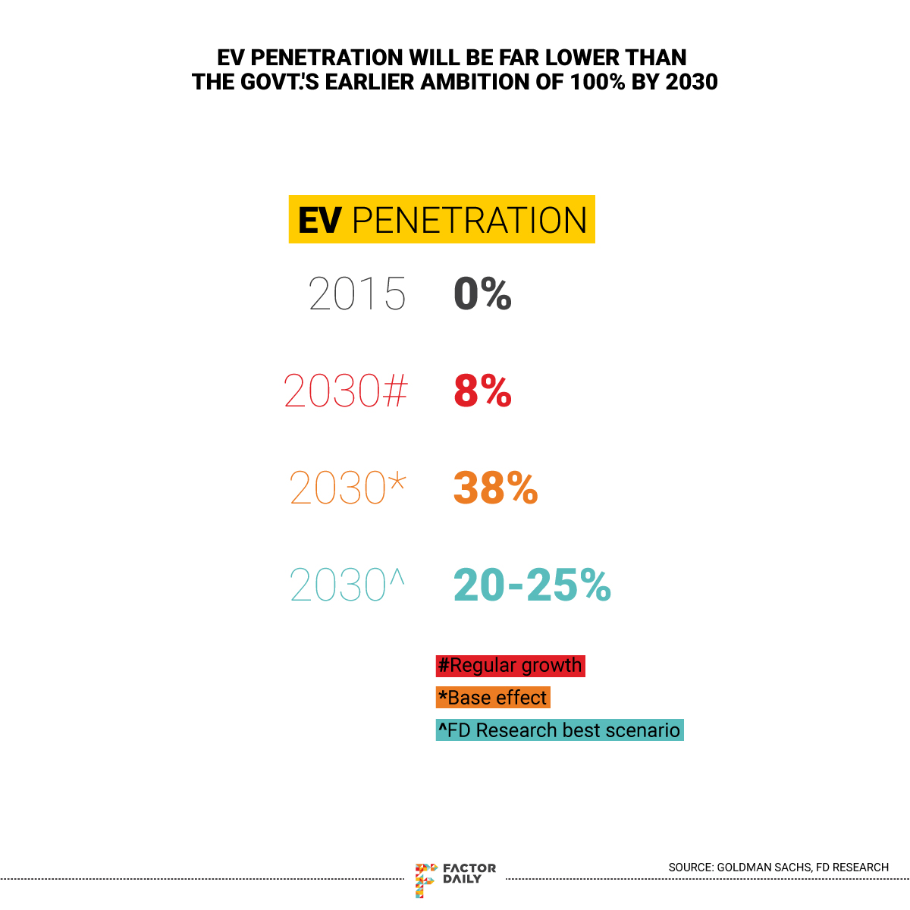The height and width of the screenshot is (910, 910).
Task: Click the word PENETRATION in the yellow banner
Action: pyautogui.click(x=470, y=221)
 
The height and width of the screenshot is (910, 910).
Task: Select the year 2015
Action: pyautogui.click(x=357, y=294)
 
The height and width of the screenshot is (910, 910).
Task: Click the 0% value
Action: pyautogui.click(x=482, y=294)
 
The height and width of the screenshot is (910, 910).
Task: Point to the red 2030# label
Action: pyautogui.click(x=346, y=391)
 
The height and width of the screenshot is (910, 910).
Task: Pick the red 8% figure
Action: pyautogui.click(x=482, y=391)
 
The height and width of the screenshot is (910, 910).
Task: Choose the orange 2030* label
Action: pyautogui.click(x=347, y=488)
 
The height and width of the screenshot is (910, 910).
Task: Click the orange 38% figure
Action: pyautogui.click(x=495, y=488)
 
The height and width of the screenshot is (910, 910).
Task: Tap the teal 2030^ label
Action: pyautogui.click(x=347, y=585)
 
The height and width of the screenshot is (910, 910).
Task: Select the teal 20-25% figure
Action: pyautogui.click(x=532, y=585)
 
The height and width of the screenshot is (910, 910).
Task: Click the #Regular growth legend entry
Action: pyautogui.click(x=510, y=666)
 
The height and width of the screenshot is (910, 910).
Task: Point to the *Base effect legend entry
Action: pyautogui.click(x=493, y=698)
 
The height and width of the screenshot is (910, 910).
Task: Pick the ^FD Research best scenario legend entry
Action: pyautogui.click(x=560, y=730)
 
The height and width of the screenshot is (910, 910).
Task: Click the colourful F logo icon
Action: pyautogui.click(x=425, y=880)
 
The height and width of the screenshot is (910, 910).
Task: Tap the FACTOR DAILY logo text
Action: pyautogui.click(x=469, y=874)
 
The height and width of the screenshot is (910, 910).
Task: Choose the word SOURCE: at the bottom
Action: pyautogui.click(x=691, y=867)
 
